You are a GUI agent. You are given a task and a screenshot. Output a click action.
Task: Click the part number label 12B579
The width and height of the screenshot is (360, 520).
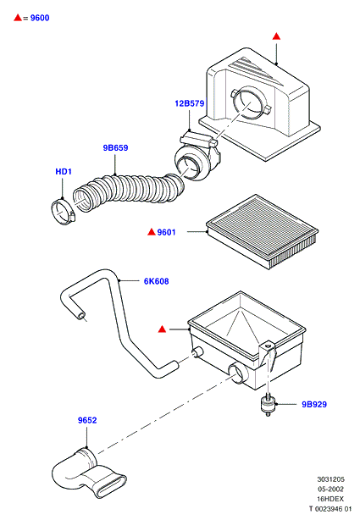(x=190, y=103)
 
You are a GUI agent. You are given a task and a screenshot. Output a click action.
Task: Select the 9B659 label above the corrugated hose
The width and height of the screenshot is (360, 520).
(x=115, y=147)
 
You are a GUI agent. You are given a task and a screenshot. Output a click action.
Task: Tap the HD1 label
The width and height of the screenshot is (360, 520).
(x=64, y=171)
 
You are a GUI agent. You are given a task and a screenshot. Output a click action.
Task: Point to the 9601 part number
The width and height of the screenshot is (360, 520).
(x=166, y=232)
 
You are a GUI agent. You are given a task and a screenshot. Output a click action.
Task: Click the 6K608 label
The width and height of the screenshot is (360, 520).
(x=156, y=281)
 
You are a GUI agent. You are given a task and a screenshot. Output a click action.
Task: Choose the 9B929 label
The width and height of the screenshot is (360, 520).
(x=314, y=404)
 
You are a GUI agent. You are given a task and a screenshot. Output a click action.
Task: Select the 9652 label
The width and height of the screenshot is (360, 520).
(x=87, y=420)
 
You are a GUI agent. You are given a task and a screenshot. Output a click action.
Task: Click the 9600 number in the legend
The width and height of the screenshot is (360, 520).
(x=40, y=18)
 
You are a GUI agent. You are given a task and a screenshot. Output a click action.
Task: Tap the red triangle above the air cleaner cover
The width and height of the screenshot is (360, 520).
(x=276, y=36)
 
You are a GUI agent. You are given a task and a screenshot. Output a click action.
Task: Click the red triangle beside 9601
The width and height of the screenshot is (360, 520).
(x=152, y=232)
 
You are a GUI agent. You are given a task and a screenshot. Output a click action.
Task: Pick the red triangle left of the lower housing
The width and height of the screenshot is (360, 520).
(x=162, y=329)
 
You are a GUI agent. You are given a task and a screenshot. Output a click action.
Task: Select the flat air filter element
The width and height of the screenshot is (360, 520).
(x=262, y=231)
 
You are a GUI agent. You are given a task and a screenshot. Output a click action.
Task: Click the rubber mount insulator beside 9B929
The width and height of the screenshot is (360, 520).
(x=268, y=404)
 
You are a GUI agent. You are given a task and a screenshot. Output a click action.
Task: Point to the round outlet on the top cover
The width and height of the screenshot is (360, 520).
(x=252, y=102)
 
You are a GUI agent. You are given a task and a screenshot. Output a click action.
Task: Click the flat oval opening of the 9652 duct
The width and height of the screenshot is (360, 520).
(x=112, y=486)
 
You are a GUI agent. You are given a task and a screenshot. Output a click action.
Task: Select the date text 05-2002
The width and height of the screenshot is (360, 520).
(x=331, y=490)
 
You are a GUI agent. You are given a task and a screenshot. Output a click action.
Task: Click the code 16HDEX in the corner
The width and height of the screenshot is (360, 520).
(x=330, y=499)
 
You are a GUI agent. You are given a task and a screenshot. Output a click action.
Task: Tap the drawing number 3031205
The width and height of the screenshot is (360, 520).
(x=331, y=479)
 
